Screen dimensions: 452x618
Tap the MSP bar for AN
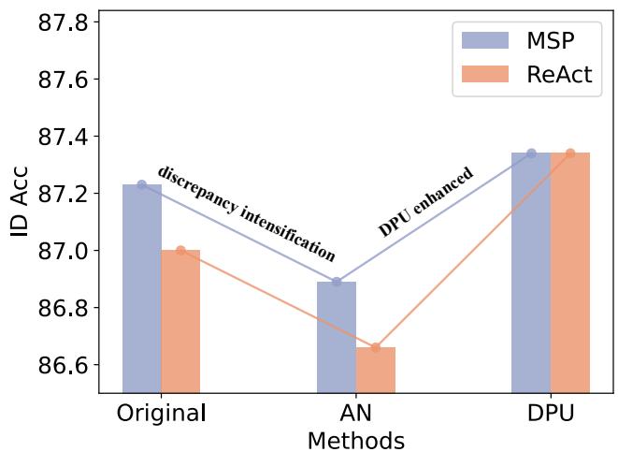tap(336, 337)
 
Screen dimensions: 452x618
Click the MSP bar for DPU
tap(530, 272)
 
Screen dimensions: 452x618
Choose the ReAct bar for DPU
tap(569, 272)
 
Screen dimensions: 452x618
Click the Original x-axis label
tap(161, 414)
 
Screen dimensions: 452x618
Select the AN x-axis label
tap(355, 414)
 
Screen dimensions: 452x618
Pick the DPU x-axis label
tap(550, 414)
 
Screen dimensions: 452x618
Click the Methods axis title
tap(355, 440)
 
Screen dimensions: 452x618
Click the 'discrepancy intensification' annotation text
tap(246, 213)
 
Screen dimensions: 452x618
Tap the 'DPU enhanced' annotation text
tap(425, 202)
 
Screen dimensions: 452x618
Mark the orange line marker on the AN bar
tap(375, 347)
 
